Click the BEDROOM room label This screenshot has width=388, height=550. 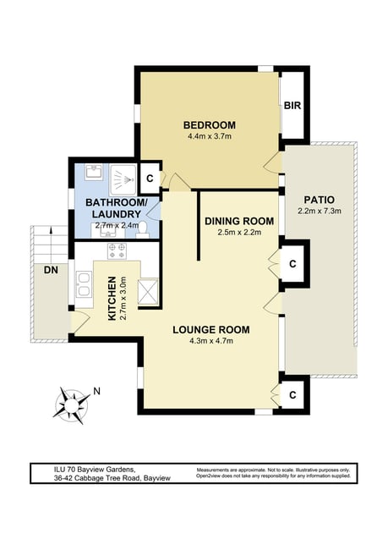[210, 125]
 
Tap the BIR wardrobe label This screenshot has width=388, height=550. [292, 105]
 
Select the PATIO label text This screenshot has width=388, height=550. [319, 200]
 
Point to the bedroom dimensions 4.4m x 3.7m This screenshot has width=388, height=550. [210, 136]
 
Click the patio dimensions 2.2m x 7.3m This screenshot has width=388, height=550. [320, 212]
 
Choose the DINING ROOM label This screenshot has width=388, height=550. [239, 221]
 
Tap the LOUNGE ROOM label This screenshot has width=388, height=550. [211, 330]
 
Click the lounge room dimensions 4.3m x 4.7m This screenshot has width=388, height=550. [211, 341]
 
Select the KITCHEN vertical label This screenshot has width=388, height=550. [112, 298]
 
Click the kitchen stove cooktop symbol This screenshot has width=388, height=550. [117, 250]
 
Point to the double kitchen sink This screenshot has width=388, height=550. [84, 284]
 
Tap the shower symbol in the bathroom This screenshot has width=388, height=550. [123, 180]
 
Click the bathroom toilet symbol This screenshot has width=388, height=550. [142, 232]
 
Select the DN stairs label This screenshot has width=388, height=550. [51, 270]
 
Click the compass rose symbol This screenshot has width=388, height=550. [72, 405]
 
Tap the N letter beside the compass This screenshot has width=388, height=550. [96, 391]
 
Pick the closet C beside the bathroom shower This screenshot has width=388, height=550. [150, 179]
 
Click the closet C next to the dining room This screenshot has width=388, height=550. [292, 263]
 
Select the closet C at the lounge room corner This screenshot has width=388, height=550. [292, 395]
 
